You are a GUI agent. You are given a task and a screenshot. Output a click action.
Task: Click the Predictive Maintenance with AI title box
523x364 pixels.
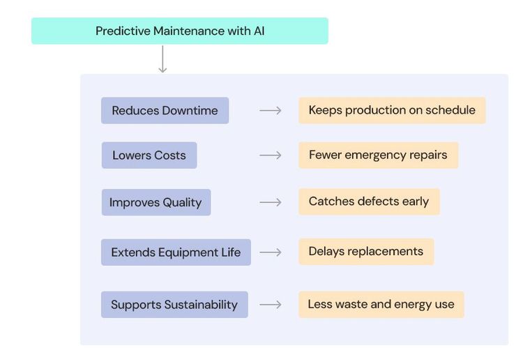179,31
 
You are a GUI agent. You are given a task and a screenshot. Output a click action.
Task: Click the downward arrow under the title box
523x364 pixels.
162,60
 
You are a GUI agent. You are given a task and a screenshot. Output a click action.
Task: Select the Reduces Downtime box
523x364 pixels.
165,111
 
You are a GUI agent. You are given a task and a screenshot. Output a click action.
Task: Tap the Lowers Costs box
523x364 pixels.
149,156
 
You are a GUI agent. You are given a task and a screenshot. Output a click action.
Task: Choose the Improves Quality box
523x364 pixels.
156,203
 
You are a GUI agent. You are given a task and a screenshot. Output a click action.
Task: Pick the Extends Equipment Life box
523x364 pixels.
176,252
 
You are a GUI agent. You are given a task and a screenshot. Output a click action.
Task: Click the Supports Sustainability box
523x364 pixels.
174,305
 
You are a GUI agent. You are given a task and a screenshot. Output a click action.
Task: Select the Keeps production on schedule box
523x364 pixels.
392,110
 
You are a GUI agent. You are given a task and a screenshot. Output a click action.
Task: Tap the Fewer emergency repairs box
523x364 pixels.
378,155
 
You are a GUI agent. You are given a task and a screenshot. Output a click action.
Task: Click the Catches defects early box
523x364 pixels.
369,202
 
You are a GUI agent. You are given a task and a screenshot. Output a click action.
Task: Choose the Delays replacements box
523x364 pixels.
366,252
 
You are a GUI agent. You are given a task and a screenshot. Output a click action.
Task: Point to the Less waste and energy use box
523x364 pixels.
381,305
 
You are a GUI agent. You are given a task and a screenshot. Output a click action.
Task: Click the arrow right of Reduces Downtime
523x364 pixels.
271,111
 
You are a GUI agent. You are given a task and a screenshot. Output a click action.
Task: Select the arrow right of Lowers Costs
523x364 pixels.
271,156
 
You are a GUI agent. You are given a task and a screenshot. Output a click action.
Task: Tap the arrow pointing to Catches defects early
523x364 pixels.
271,202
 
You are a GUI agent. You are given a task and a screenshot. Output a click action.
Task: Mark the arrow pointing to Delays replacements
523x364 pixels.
271,252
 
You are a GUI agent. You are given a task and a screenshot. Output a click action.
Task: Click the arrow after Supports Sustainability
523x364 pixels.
271,305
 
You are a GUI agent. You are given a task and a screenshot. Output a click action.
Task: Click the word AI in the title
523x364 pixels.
258,31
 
